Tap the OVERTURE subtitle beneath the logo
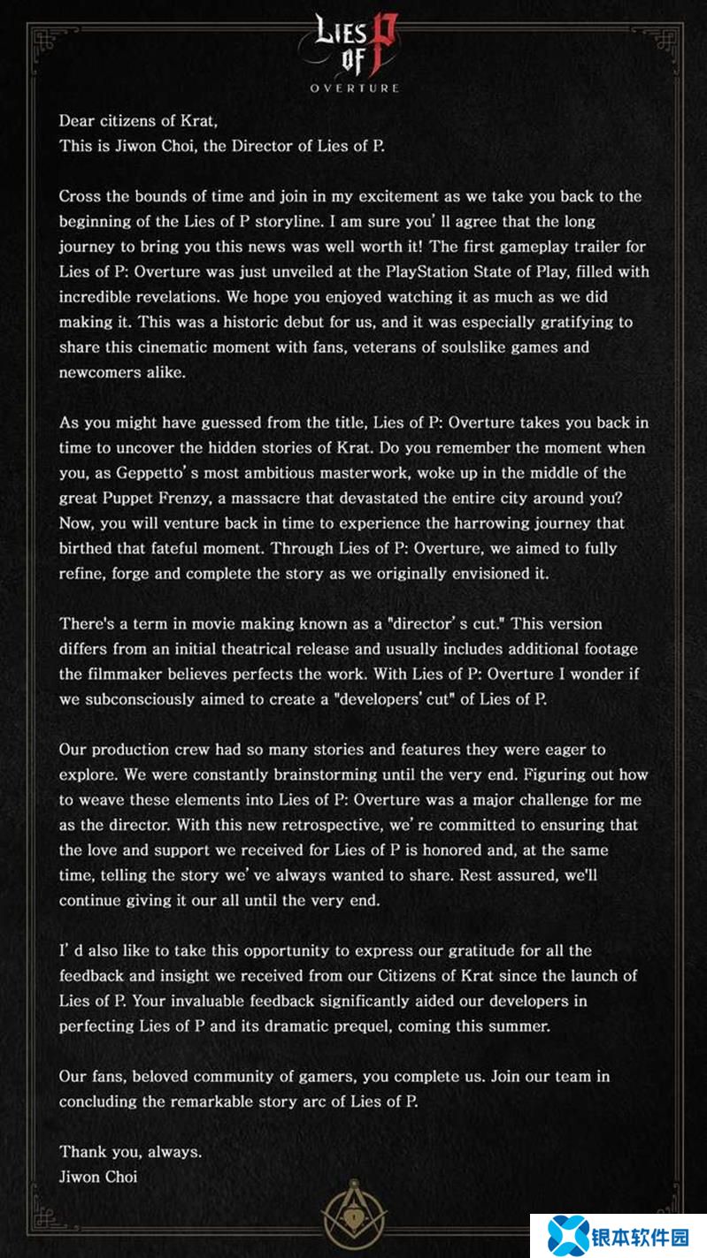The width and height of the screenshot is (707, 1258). click(354, 88)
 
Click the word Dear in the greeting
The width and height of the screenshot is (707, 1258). click(77, 121)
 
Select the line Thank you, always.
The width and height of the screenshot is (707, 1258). click(131, 1152)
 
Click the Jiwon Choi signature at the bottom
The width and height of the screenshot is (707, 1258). click(98, 1177)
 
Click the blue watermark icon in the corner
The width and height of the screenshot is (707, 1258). click(568, 1235)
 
